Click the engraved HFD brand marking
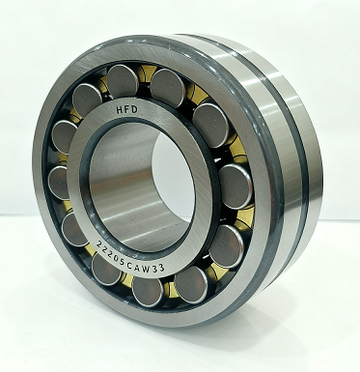point(127,110)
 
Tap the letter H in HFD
point(120,110)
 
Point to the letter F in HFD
point(127,110)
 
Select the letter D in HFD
point(134,109)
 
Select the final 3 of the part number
point(161,268)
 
